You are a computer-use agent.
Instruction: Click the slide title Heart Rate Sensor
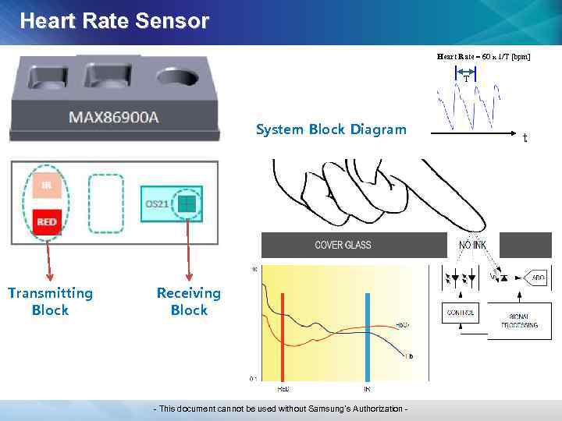click(x=114, y=21)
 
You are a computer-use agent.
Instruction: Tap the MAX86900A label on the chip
click(x=114, y=118)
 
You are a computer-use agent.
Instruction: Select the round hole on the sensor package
click(x=180, y=80)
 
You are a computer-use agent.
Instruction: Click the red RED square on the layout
click(x=47, y=221)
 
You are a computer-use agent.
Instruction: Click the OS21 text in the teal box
click(x=156, y=204)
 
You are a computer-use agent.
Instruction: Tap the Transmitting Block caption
click(x=50, y=302)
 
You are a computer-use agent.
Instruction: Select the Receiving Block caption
click(x=189, y=302)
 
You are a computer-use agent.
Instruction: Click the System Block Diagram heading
click(x=331, y=129)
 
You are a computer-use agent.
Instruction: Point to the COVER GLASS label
click(x=343, y=245)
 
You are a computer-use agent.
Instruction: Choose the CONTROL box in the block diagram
click(x=460, y=313)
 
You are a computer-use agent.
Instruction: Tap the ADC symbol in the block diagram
click(x=536, y=278)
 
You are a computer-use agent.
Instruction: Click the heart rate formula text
click(x=483, y=56)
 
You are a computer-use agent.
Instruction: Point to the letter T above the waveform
click(x=466, y=78)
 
